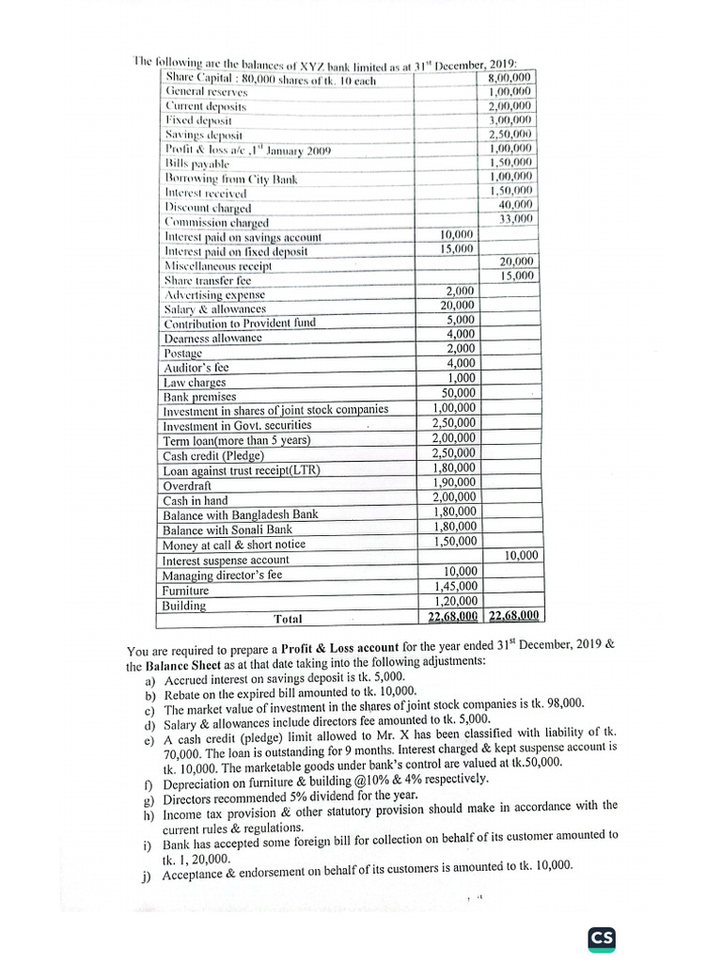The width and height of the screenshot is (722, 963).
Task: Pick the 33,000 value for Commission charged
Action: [516, 219]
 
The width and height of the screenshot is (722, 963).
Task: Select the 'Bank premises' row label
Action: [200, 397]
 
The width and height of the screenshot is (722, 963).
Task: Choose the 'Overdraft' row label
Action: [188, 485]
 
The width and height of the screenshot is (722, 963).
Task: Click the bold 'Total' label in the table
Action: [288, 619]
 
